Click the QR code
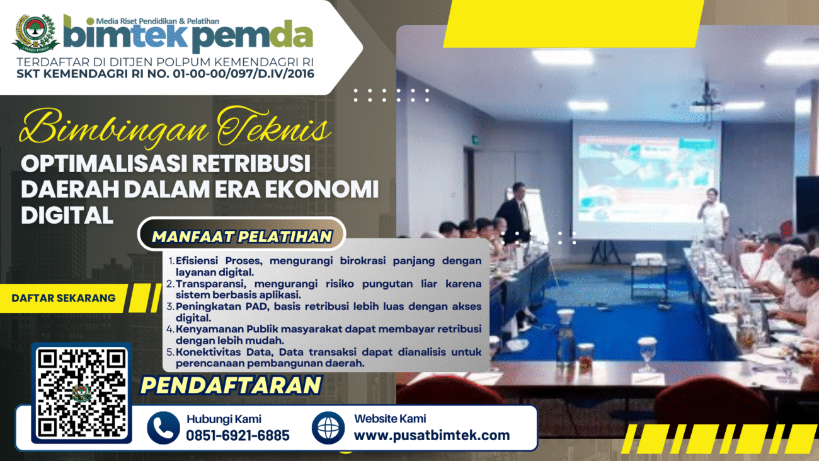pyautogui.click(x=81, y=393)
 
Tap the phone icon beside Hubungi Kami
pyautogui.click(x=163, y=428)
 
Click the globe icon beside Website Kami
pyautogui.click(x=328, y=428)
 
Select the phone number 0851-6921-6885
pyautogui.click(x=238, y=435)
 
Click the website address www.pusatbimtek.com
pyautogui.click(x=432, y=435)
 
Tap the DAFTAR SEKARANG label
pyautogui.click(x=64, y=298)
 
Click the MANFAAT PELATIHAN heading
pyautogui.click(x=242, y=236)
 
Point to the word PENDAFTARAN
pyautogui.click(x=231, y=385)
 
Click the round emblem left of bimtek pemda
pyautogui.click(x=35, y=33)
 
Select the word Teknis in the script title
pyautogui.click(x=274, y=128)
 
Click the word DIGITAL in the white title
pyautogui.click(x=67, y=215)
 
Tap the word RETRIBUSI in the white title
pyautogui.click(x=251, y=163)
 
